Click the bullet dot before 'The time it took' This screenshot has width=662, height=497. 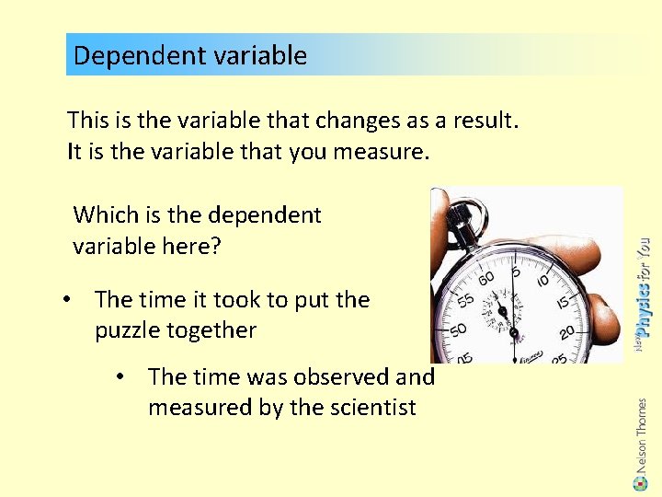pos(68,300)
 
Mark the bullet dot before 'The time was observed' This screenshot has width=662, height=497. pos(121,377)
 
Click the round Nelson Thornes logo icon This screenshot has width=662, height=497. pos(642,480)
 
